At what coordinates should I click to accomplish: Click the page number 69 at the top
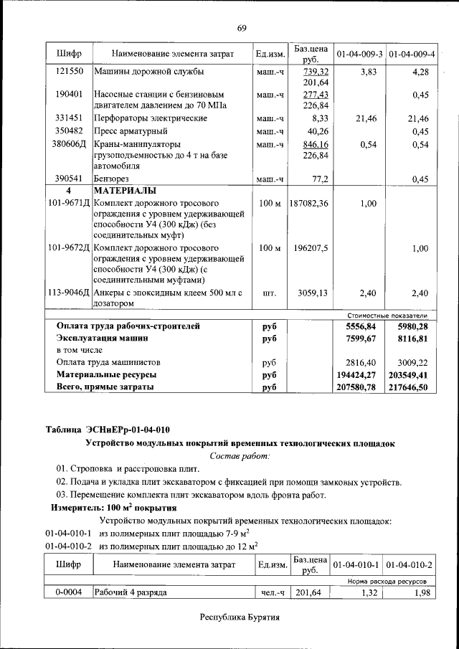click(x=242, y=28)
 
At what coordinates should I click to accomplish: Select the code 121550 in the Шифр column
click(x=69, y=72)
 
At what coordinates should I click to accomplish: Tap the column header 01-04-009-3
click(x=359, y=55)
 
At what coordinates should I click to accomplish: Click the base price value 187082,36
click(x=309, y=204)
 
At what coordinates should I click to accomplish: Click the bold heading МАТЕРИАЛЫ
click(x=127, y=191)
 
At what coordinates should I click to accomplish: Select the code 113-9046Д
click(x=69, y=293)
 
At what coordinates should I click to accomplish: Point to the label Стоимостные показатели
click(x=387, y=315)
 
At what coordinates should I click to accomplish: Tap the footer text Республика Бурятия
click(x=240, y=617)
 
